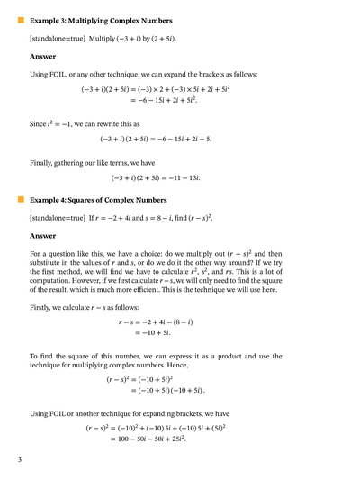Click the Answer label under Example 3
point(42,56)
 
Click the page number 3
point(19,460)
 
